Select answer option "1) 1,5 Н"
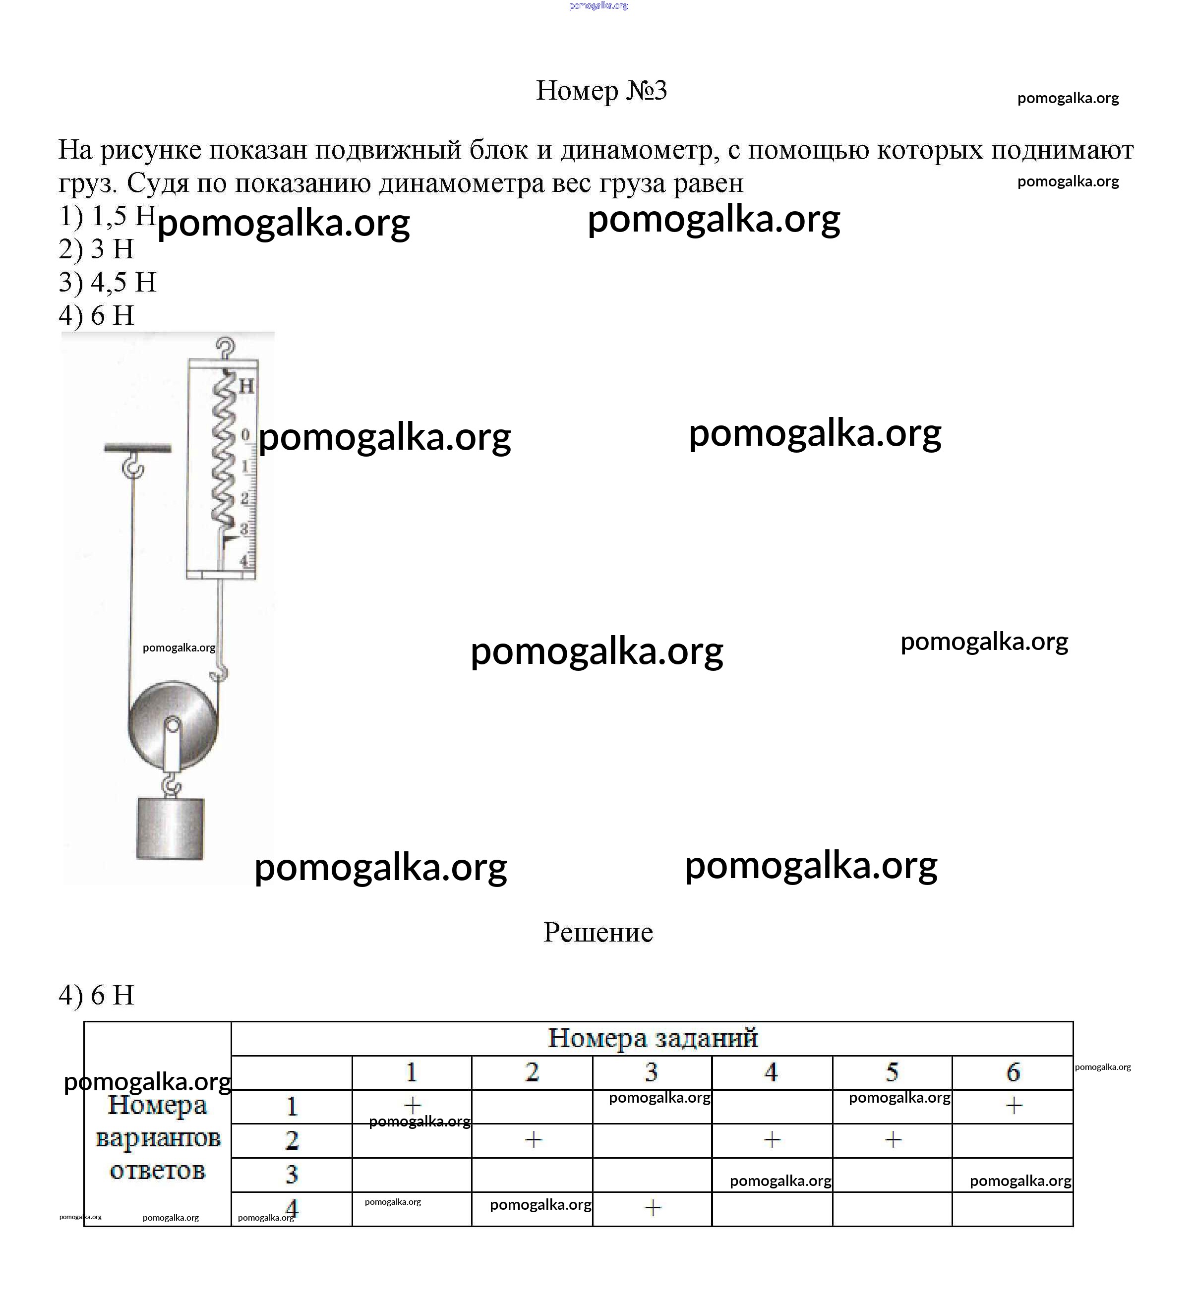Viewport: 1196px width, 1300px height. [x=107, y=216]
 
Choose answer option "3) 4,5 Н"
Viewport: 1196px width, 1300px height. [x=108, y=282]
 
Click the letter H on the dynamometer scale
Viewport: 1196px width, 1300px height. [x=246, y=386]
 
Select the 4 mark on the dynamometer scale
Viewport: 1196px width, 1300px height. [x=244, y=560]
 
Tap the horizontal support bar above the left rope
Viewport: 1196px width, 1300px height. [x=137, y=448]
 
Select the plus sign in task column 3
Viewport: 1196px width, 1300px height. [x=653, y=1207]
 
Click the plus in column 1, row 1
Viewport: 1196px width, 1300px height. [x=412, y=1105]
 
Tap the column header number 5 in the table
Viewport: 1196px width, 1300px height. [x=892, y=1073]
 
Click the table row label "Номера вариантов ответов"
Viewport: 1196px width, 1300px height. [x=157, y=1138]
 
